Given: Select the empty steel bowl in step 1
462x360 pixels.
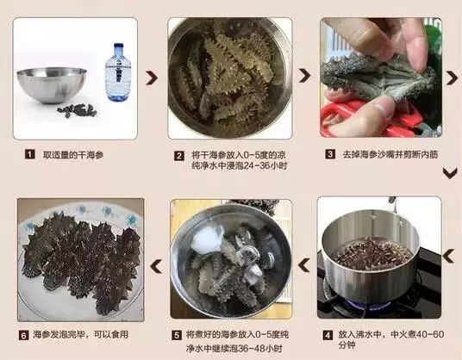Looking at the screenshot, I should pos(52,83).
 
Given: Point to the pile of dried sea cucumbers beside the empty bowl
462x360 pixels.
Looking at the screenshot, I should pos(77,111).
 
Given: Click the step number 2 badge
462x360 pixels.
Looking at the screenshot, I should pos(179,156).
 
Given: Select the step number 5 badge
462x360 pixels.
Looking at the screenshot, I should pos(176,335).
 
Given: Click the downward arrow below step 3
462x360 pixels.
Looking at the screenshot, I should pos(448,173).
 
